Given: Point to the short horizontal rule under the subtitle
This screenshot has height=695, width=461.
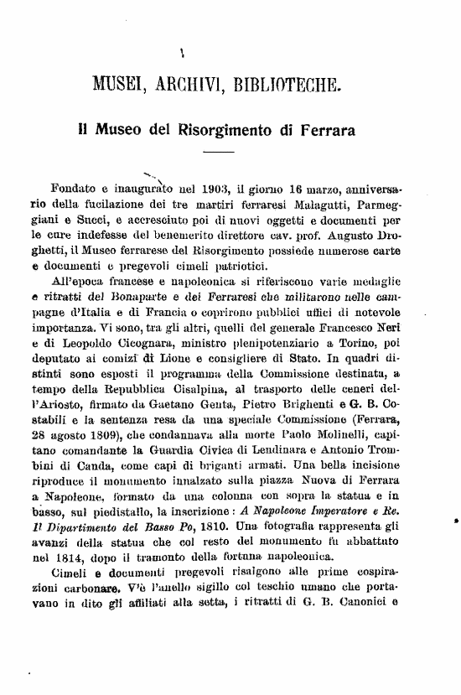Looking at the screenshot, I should click(x=219, y=153).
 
